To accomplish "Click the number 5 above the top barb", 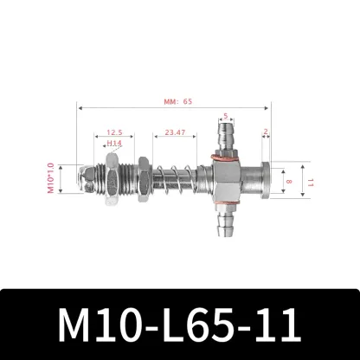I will [225, 116].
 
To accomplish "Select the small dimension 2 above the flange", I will [265, 132].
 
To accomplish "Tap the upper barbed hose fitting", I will [224, 138].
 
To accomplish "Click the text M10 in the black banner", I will [91, 322].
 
